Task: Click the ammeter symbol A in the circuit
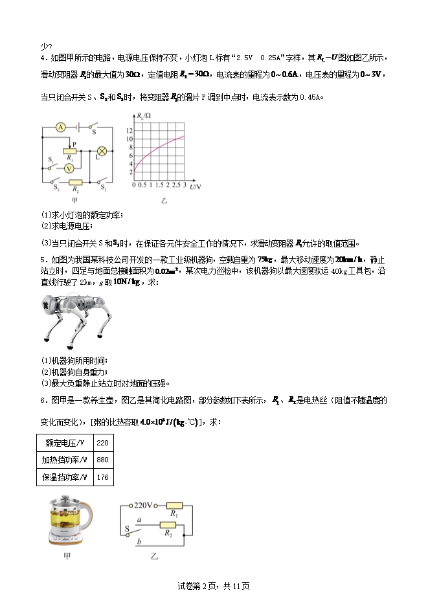pyautogui.click(x=60, y=127)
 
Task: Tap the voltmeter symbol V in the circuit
pyautogui.click(x=67, y=166)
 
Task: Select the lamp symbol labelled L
pyautogui.click(x=101, y=151)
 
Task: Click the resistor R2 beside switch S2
pyautogui.click(x=75, y=183)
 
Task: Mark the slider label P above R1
pyautogui.click(x=74, y=144)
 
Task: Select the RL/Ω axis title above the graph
pyautogui.click(x=143, y=115)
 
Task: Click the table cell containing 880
pyautogui.click(x=103, y=460)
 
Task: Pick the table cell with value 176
pyautogui.click(x=103, y=478)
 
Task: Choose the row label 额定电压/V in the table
pyautogui.click(x=65, y=443)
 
